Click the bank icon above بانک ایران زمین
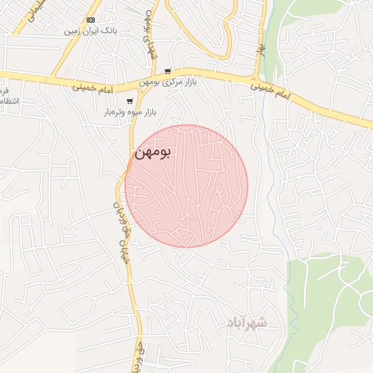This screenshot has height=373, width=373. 90,20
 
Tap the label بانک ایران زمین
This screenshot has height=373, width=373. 90,31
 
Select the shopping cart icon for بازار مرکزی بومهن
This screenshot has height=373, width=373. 168,71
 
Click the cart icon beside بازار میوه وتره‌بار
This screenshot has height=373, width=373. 130,101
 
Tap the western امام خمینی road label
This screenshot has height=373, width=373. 92,85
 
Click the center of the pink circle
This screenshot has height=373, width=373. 186,186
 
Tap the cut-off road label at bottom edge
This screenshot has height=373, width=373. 137,357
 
